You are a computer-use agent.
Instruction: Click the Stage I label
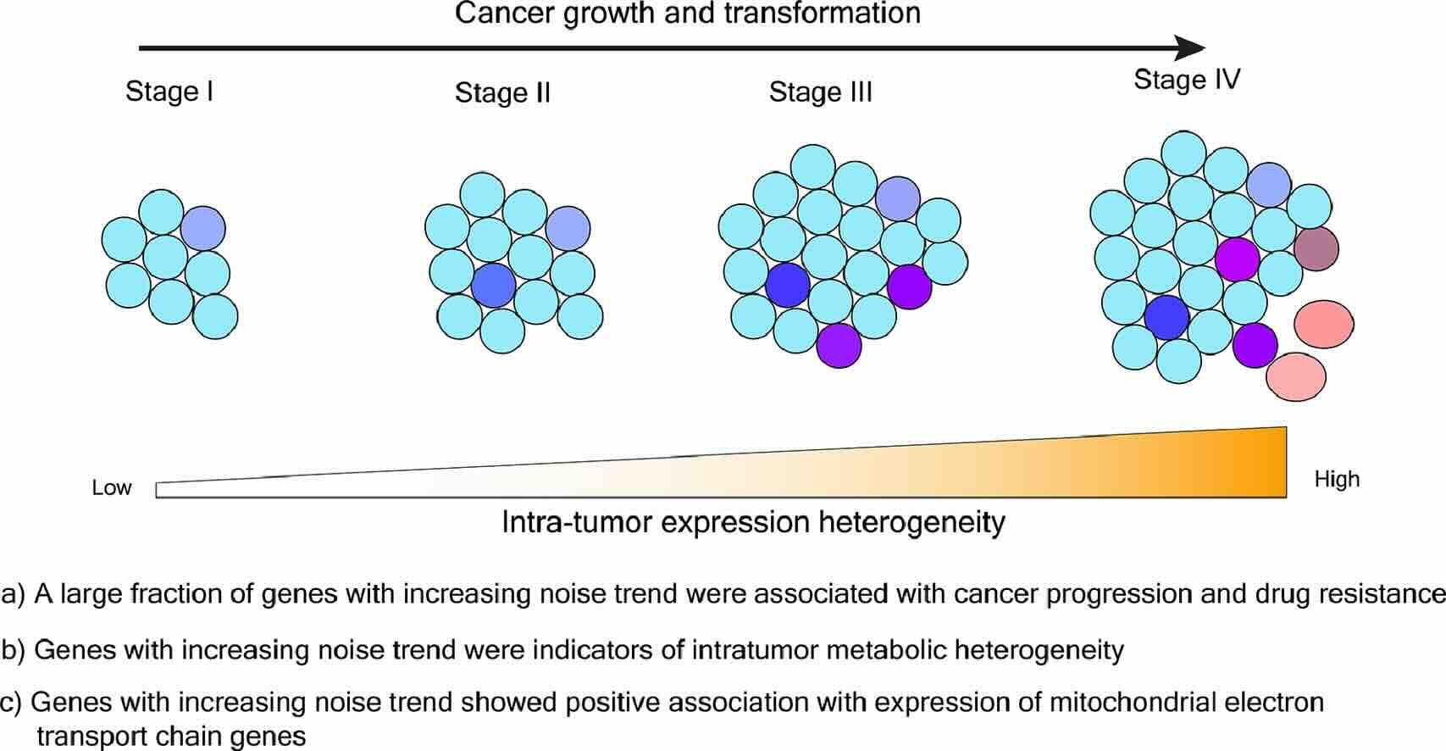click(169, 91)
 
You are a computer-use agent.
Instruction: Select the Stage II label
click(502, 92)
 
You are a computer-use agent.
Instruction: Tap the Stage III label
click(820, 92)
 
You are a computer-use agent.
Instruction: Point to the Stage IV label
click(1187, 80)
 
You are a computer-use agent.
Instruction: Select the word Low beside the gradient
click(112, 487)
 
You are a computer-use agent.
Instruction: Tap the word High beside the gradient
click(1337, 479)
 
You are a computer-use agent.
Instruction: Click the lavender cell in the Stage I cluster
click(203, 228)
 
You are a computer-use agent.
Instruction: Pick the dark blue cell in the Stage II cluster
click(494, 285)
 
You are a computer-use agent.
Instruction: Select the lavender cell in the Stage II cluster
click(568, 229)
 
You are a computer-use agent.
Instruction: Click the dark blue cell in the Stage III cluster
click(788, 286)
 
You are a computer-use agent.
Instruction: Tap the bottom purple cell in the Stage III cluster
click(839, 345)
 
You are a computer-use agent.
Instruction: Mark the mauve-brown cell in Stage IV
click(1316, 248)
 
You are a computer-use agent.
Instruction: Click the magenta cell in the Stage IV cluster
click(1238, 259)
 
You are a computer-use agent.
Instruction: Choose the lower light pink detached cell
click(1296, 377)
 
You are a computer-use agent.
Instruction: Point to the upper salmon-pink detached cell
click(1324, 324)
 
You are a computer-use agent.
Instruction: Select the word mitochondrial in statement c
click(1140, 702)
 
